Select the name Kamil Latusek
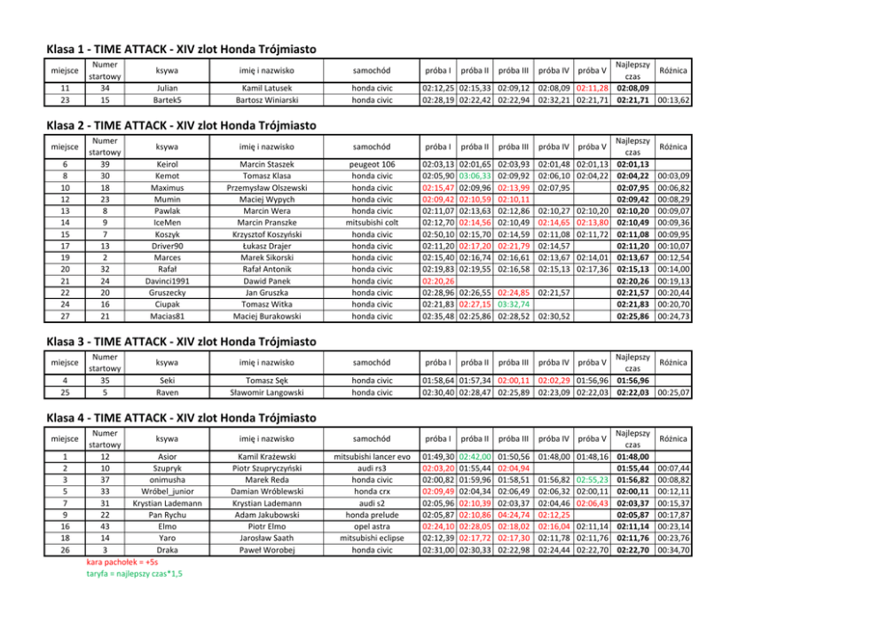267,88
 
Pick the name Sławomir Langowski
267,392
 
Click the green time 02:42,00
475,456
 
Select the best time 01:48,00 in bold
632,456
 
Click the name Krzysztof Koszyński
267,233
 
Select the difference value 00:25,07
675,392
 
